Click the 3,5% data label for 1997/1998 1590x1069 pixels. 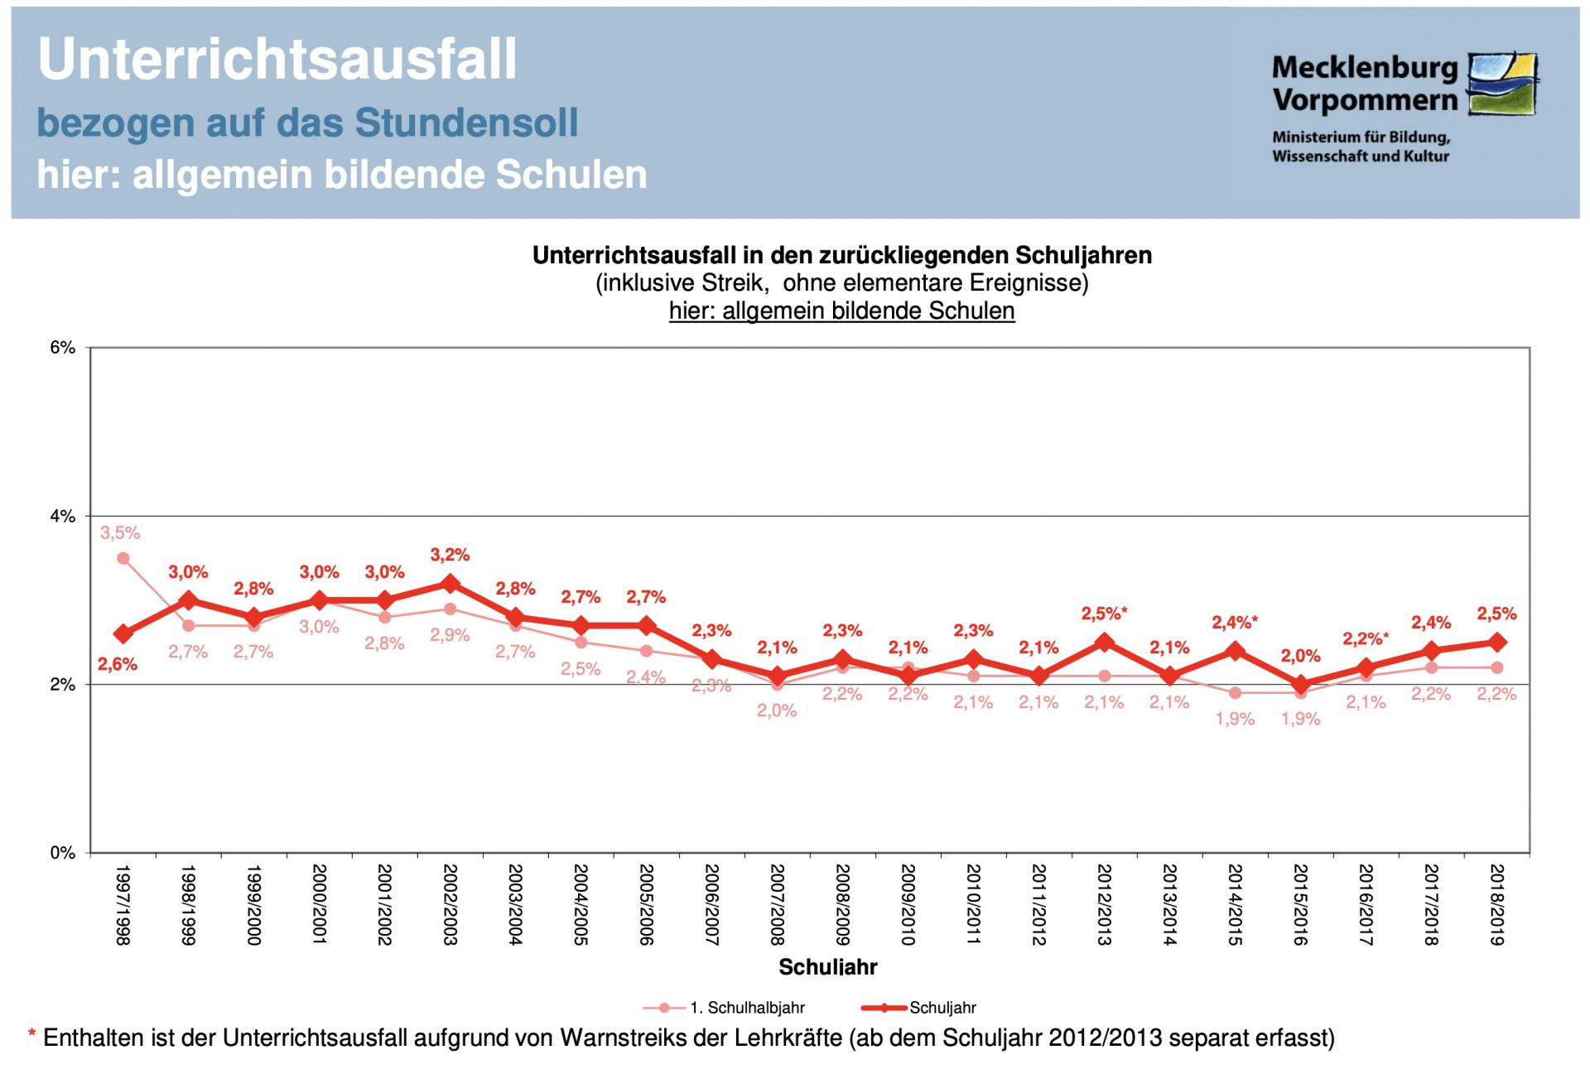120,533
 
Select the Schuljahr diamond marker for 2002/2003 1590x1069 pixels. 450,584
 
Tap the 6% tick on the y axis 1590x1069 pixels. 63,348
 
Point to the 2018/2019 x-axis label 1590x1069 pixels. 1496,904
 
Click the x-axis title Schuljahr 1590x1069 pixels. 827,966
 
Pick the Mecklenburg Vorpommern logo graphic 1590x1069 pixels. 1502,84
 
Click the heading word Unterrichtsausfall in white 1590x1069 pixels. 277,60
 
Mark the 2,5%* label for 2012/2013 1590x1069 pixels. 1104,614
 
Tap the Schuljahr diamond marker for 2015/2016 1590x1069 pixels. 1300,685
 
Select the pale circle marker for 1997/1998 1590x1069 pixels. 123,558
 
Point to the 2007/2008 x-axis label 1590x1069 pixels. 777,904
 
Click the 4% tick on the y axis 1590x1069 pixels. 63,517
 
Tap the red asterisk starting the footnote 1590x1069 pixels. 31,1035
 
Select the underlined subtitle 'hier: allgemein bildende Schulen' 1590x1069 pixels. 841,311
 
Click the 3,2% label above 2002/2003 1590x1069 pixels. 450,555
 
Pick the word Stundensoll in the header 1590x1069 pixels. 466,123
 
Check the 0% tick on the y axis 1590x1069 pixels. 63,853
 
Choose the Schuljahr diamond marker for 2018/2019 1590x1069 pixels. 1496,643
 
